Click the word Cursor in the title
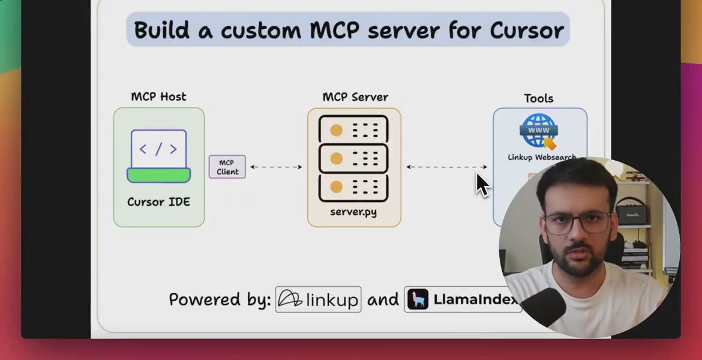(x=527, y=30)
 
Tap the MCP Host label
(x=158, y=97)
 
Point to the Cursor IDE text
(x=158, y=202)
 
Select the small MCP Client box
(x=227, y=167)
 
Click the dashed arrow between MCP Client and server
(x=276, y=167)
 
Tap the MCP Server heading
(x=355, y=97)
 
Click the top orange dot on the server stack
(x=336, y=130)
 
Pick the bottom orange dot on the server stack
(x=336, y=187)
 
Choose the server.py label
(x=353, y=212)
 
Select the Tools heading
(x=538, y=98)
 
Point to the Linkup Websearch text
(x=541, y=157)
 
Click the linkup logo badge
(x=318, y=299)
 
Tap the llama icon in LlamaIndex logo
(x=418, y=299)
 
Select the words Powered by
(x=220, y=299)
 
